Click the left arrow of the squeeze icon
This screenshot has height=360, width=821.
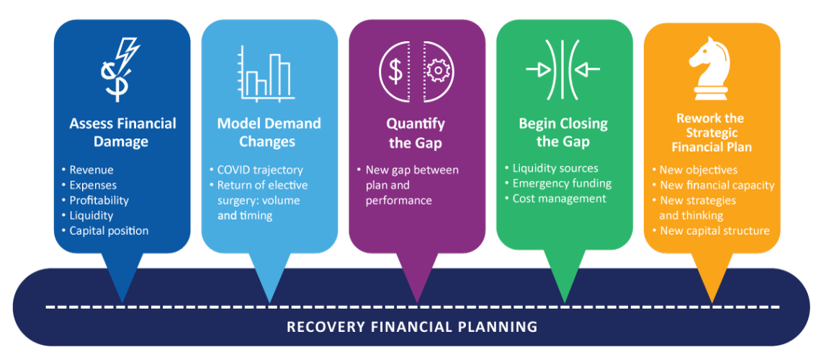539,70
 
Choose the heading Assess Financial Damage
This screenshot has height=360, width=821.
122,132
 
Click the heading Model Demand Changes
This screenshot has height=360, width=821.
269,132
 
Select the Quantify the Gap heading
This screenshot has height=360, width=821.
416,133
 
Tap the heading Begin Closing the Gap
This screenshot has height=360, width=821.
563,132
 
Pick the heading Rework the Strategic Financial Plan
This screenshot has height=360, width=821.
711,132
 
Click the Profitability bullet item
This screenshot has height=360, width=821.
99,200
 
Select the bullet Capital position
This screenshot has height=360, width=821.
109,230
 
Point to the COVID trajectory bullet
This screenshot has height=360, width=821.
260,170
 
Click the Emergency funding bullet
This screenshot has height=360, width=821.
560,184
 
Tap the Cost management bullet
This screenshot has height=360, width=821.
559,199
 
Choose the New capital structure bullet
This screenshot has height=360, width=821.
714,230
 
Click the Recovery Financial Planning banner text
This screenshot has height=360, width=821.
412,326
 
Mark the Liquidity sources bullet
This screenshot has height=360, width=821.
555,168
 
